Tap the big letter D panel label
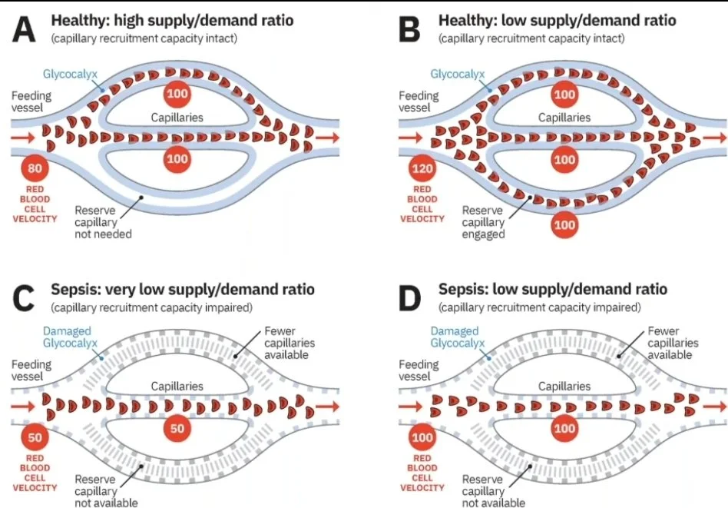(413, 297)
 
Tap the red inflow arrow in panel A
(24, 138)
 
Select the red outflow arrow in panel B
(714, 138)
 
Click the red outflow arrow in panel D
(714, 404)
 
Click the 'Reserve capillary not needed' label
(103, 221)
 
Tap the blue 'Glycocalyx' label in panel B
(458, 75)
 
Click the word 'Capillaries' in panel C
(177, 387)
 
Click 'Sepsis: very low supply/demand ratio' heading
(183, 290)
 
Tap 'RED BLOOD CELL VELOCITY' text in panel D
(422, 473)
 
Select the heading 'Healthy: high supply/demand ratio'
(173, 20)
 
